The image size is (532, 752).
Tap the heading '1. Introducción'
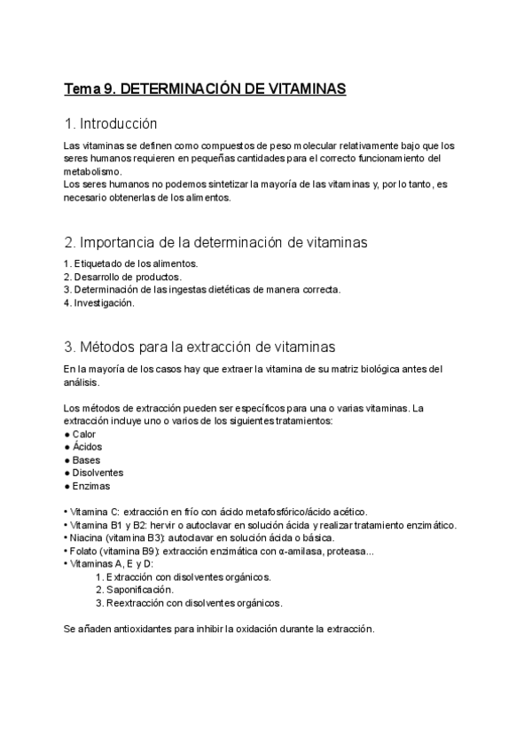(x=111, y=123)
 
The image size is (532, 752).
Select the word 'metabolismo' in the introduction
(x=92, y=171)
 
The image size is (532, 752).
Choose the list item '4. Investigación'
(x=99, y=302)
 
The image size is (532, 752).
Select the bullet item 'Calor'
(x=84, y=434)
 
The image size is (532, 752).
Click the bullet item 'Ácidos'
(x=87, y=447)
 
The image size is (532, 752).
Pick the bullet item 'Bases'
(x=86, y=460)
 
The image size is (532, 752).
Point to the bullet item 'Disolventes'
(x=98, y=473)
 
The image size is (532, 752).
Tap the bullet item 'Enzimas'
(x=91, y=486)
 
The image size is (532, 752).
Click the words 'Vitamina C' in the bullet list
(x=93, y=512)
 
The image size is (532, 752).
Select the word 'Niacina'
(x=87, y=537)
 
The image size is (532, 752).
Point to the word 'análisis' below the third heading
(x=82, y=382)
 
